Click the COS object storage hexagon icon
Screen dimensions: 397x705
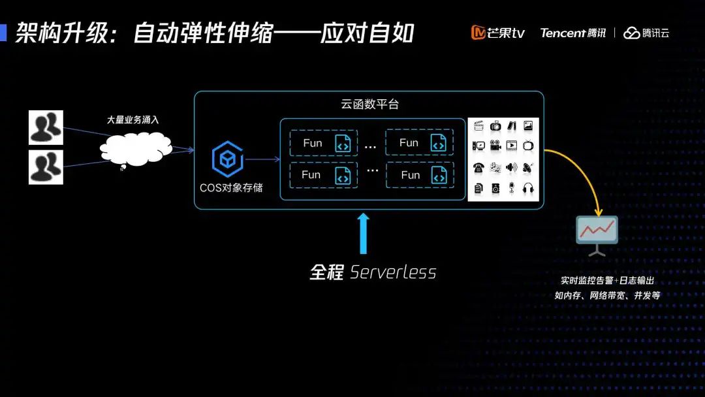tap(227, 159)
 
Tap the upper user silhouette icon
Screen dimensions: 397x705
tap(46, 127)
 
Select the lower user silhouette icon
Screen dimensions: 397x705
tap(46, 167)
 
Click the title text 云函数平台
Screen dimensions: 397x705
tap(369, 104)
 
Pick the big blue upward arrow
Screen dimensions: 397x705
tap(364, 233)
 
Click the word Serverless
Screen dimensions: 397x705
tap(393, 272)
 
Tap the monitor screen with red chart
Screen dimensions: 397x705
tap(597, 230)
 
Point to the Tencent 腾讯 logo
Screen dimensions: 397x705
tap(572, 33)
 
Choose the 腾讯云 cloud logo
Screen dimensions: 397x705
tap(646, 33)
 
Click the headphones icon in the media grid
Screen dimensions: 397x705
tap(529, 189)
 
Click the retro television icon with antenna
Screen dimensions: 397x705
tap(528, 145)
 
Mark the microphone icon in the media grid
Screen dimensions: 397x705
tap(512, 189)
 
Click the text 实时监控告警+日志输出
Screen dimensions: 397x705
tap(607, 281)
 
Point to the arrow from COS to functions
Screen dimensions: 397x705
tap(261, 159)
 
